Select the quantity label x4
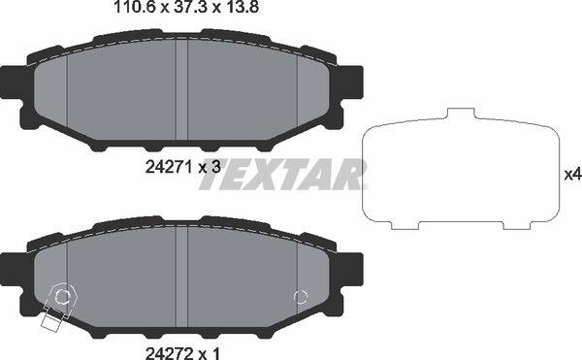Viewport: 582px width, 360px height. pyautogui.click(x=571, y=175)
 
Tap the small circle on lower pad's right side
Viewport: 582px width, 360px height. pyautogui.click(x=301, y=297)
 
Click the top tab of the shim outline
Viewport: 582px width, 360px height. pyautogui.click(x=459, y=115)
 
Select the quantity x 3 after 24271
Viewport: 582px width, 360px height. pyautogui.click(x=210, y=166)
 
